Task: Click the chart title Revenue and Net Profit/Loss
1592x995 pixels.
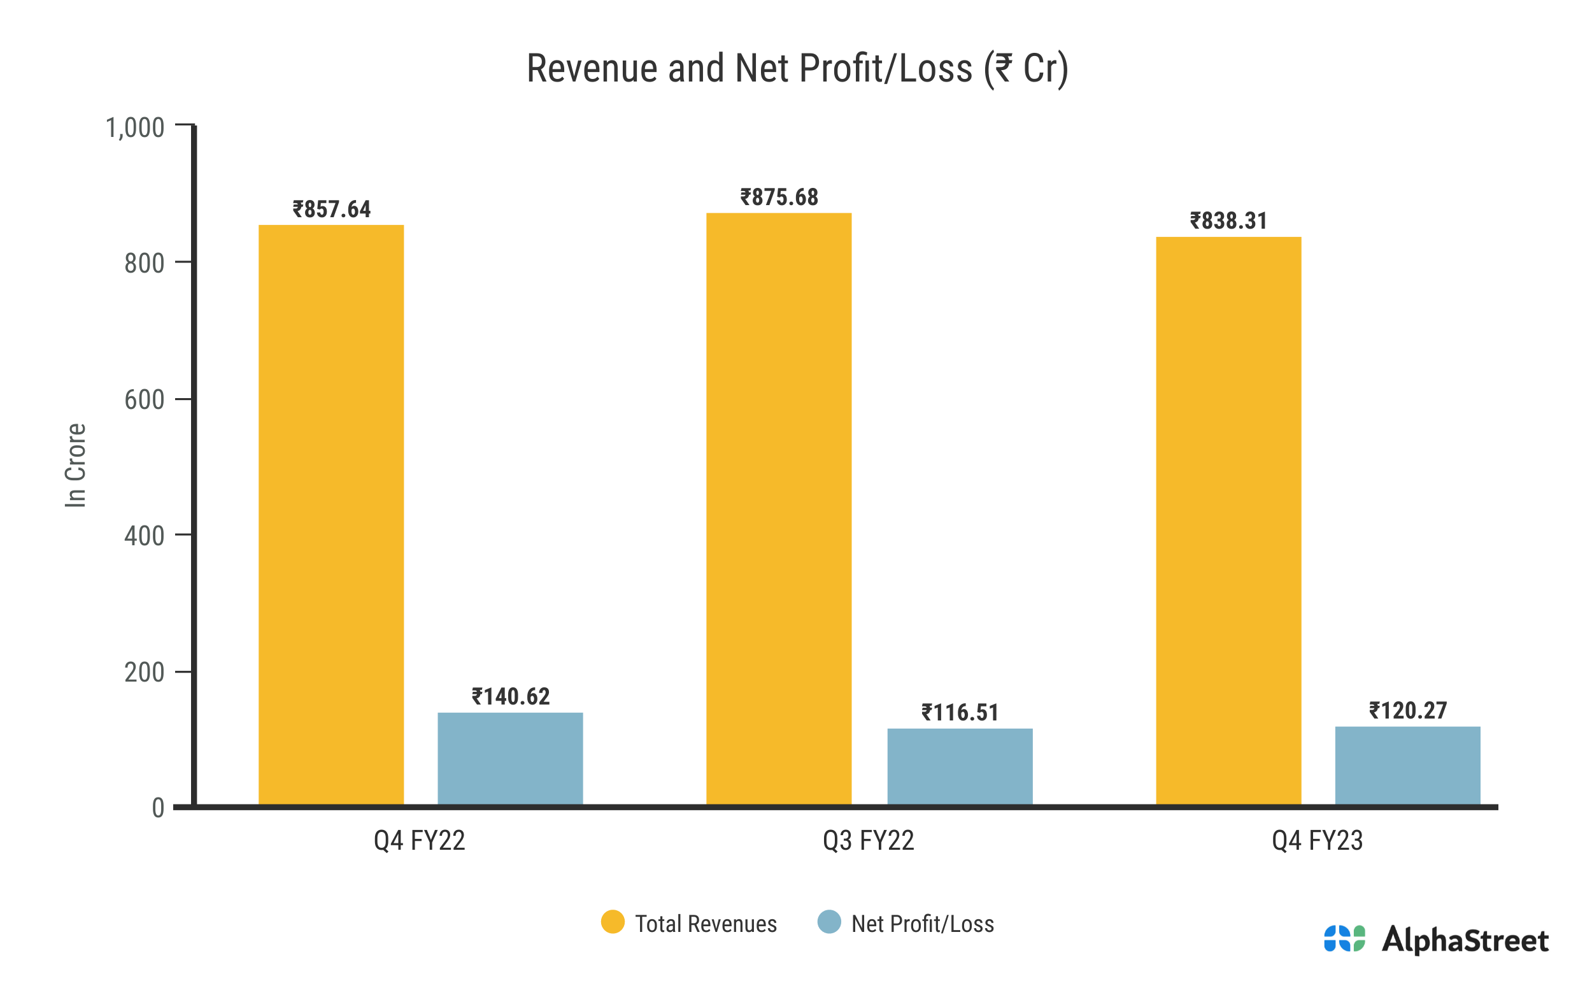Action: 797,68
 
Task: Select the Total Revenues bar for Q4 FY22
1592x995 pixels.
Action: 331,514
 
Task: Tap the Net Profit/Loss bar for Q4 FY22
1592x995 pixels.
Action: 510,758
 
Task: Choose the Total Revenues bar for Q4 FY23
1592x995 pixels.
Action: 1228,520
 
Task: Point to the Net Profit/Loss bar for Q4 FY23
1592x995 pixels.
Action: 1407,764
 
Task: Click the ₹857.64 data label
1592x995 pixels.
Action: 332,210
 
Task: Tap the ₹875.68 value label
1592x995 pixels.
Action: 779,197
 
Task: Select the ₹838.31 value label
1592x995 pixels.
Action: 1228,221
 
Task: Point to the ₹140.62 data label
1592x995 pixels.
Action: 511,697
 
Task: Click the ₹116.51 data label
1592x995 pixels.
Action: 960,713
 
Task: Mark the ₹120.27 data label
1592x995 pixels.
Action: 1408,711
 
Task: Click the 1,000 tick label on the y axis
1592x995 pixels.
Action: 135,127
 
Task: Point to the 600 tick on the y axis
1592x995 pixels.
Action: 144,399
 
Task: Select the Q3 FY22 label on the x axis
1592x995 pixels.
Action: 868,841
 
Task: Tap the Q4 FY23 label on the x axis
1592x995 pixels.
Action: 1317,841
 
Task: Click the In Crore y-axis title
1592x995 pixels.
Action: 76,465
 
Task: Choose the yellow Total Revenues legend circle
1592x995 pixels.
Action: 613,922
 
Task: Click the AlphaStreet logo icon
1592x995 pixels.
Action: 1344,939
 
